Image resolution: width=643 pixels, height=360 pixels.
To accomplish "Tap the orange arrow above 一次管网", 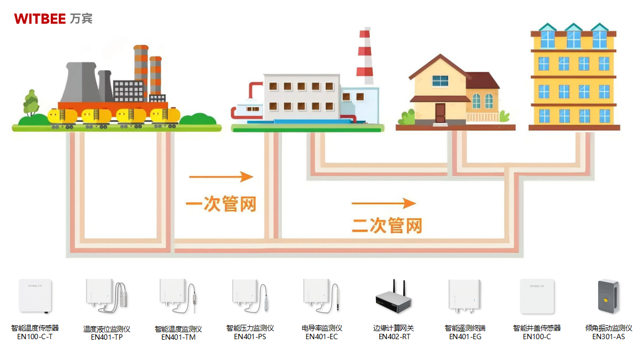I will (221, 177).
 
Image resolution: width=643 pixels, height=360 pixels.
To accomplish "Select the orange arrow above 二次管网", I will (383, 203).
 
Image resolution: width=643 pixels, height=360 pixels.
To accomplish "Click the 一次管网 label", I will (221, 204).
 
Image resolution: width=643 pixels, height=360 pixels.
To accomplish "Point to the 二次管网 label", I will (387, 225).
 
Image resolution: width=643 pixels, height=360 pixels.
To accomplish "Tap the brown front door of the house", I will (440, 113).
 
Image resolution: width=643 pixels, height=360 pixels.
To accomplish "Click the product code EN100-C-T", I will (35, 336).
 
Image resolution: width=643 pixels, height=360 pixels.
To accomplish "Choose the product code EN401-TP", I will (107, 337).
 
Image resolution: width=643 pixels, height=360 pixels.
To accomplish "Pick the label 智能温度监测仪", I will (178, 329).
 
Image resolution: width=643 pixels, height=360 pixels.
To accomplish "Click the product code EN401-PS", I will (250, 336).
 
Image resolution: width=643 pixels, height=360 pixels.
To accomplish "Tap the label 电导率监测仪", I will (321, 328).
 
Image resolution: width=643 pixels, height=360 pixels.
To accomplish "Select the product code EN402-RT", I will (394, 336).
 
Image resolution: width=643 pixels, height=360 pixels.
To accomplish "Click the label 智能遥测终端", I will (465, 328).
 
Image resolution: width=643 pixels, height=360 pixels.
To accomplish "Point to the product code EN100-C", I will (537, 336).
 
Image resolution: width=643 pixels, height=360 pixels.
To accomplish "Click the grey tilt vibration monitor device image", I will (608, 297).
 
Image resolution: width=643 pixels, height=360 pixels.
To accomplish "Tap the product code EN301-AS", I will (608, 336).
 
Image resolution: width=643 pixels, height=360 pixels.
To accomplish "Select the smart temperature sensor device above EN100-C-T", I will (35, 295).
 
